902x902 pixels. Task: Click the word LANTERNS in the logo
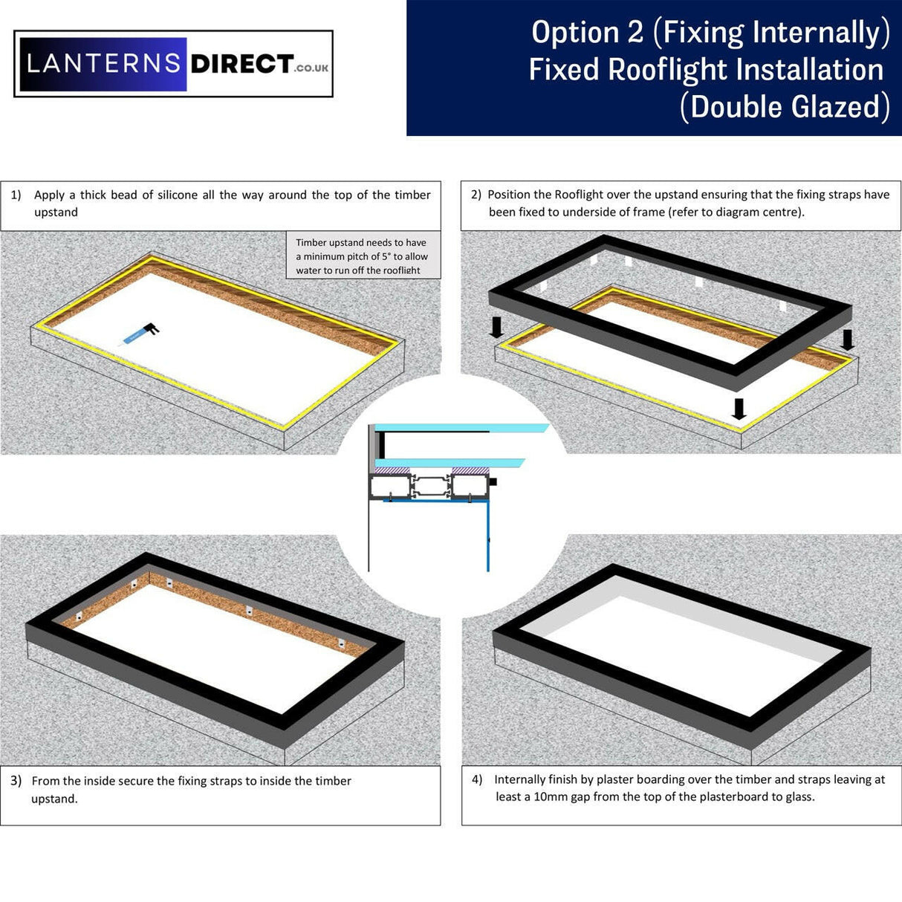pyautogui.click(x=103, y=64)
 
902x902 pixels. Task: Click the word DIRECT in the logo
pyautogui.click(x=241, y=64)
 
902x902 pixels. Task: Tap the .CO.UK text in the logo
pyautogui.click(x=311, y=68)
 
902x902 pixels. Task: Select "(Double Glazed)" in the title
pyautogui.click(x=785, y=107)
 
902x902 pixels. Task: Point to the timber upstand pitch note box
pyautogui.click(x=363, y=256)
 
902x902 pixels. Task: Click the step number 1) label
pyautogui.click(x=16, y=195)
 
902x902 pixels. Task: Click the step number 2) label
pyautogui.click(x=476, y=195)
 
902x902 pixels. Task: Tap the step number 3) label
pyautogui.click(x=16, y=781)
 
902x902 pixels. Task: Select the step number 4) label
pyautogui.click(x=477, y=779)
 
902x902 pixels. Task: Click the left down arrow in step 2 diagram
pyautogui.click(x=496, y=327)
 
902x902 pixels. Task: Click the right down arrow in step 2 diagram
pyautogui.click(x=846, y=340)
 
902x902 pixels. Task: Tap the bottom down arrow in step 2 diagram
pyautogui.click(x=739, y=409)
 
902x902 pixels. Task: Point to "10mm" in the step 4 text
pyautogui.click(x=550, y=797)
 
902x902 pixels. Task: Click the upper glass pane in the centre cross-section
pyautogui.click(x=461, y=428)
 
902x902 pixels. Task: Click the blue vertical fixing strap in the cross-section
pyautogui.click(x=488, y=535)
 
